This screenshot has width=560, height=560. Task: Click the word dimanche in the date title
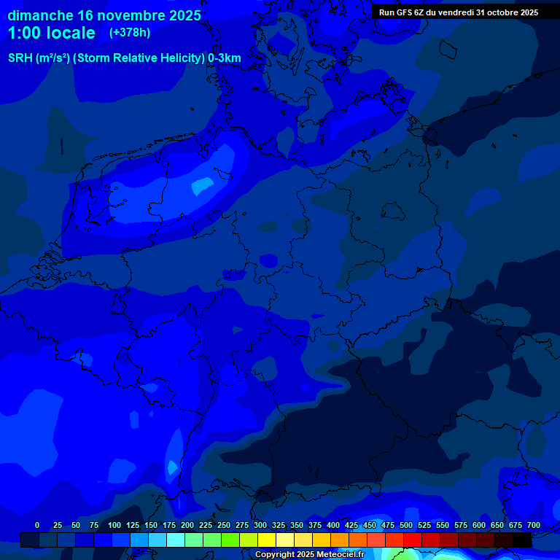click(x=40, y=15)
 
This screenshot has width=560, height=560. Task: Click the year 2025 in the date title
click(x=179, y=15)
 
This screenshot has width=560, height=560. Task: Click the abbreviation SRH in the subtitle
click(x=20, y=58)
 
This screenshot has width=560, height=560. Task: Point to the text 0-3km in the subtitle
click(x=224, y=58)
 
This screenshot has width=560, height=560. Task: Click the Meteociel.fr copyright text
click(x=309, y=554)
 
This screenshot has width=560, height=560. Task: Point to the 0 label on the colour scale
click(x=37, y=525)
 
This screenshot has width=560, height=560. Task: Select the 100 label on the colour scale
click(x=114, y=525)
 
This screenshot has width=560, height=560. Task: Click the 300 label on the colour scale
click(x=260, y=525)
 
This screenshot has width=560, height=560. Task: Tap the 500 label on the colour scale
click(x=406, y=525)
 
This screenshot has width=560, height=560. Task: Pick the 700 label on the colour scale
click(x=533, y=525)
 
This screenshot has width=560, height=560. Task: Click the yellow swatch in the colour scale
click(x=267, y=540)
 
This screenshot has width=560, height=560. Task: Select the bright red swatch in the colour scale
click(x=413, y=540)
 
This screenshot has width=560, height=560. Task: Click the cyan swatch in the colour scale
click(x=176, y=540)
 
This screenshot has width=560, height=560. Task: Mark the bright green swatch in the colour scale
click(x=230, y=540)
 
